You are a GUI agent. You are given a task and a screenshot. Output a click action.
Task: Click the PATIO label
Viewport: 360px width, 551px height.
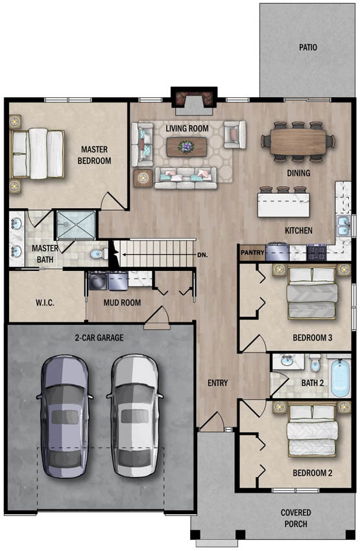[x=308, y=47]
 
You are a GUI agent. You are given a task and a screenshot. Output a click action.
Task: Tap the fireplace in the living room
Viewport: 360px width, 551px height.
[x=194, y=101]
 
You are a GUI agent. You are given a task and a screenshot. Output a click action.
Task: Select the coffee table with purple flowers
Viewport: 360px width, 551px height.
[x=186, y=147]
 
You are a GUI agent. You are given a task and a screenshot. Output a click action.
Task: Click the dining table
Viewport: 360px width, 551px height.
[x=298, y=141]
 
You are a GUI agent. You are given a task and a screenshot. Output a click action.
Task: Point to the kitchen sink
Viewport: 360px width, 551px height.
[x=343, y=226]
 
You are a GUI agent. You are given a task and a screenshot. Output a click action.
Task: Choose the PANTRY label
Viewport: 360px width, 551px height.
[x=252, y=252]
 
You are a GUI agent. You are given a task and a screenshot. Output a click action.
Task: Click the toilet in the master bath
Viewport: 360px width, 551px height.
[x=99, y=253]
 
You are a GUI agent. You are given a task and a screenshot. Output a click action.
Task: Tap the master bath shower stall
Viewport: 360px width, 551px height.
[x=76, y=225]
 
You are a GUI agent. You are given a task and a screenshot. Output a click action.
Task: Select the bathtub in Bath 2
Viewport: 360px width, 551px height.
[x=341, y=378]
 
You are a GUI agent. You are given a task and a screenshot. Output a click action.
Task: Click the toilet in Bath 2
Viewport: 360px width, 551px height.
[x=315, y=363]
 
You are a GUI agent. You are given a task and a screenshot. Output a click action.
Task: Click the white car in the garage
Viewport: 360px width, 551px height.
[x=135, y=416]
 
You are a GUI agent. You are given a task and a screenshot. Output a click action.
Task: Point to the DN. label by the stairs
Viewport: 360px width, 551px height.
[x=202, y=255]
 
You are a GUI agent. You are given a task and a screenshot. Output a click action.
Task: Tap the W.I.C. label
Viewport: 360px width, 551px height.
[x=45, y=303]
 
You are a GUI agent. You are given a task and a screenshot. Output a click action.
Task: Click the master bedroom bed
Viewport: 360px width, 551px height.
[x=37, y=153]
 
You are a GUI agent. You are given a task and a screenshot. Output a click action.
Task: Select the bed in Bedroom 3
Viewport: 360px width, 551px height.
[x=312, y=292]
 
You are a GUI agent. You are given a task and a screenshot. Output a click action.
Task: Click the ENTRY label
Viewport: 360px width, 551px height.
[x=217, y=382]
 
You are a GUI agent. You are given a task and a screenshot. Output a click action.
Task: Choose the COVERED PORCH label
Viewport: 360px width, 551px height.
[x=296, y=518]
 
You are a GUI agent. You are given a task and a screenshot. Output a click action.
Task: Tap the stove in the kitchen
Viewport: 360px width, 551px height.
[x=317, y=252]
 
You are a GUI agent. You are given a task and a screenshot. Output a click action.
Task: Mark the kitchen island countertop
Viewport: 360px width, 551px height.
[x=283, y=205]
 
